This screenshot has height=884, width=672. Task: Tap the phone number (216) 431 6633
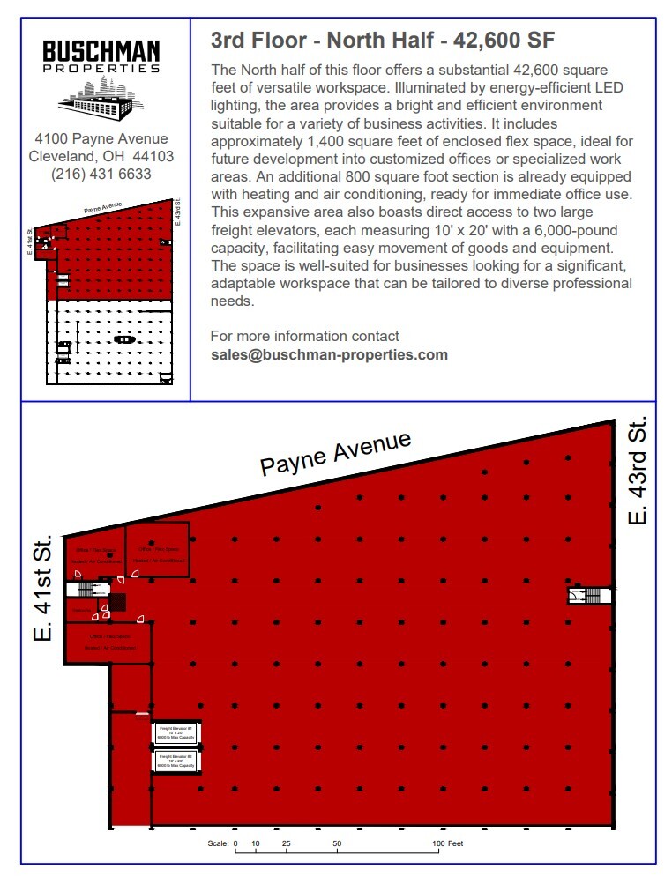(x=102, y=175)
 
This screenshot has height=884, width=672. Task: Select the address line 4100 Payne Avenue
(x=101, y=139)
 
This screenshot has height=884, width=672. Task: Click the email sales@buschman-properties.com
(x=329, y=355)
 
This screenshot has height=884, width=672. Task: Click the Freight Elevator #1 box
(x=176, y=733)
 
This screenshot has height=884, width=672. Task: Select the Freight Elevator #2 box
(x=176, y=761)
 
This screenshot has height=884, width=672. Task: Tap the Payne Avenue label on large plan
(x=336, y=454)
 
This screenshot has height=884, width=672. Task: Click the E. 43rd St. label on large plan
(x=638, y=471)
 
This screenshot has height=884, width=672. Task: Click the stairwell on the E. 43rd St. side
(x=590, y=596)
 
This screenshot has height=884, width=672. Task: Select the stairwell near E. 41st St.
(x=86, y=588)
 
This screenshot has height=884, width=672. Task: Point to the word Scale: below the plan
(x=218, y=844)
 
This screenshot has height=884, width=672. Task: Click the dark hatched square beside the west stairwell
(x=117, y=603)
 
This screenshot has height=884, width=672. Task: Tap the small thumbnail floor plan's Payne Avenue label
(x=102, y=209)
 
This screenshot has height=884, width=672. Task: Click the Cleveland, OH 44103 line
(x=102, y=157)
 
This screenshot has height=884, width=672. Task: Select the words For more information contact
(x=304, y=337)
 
